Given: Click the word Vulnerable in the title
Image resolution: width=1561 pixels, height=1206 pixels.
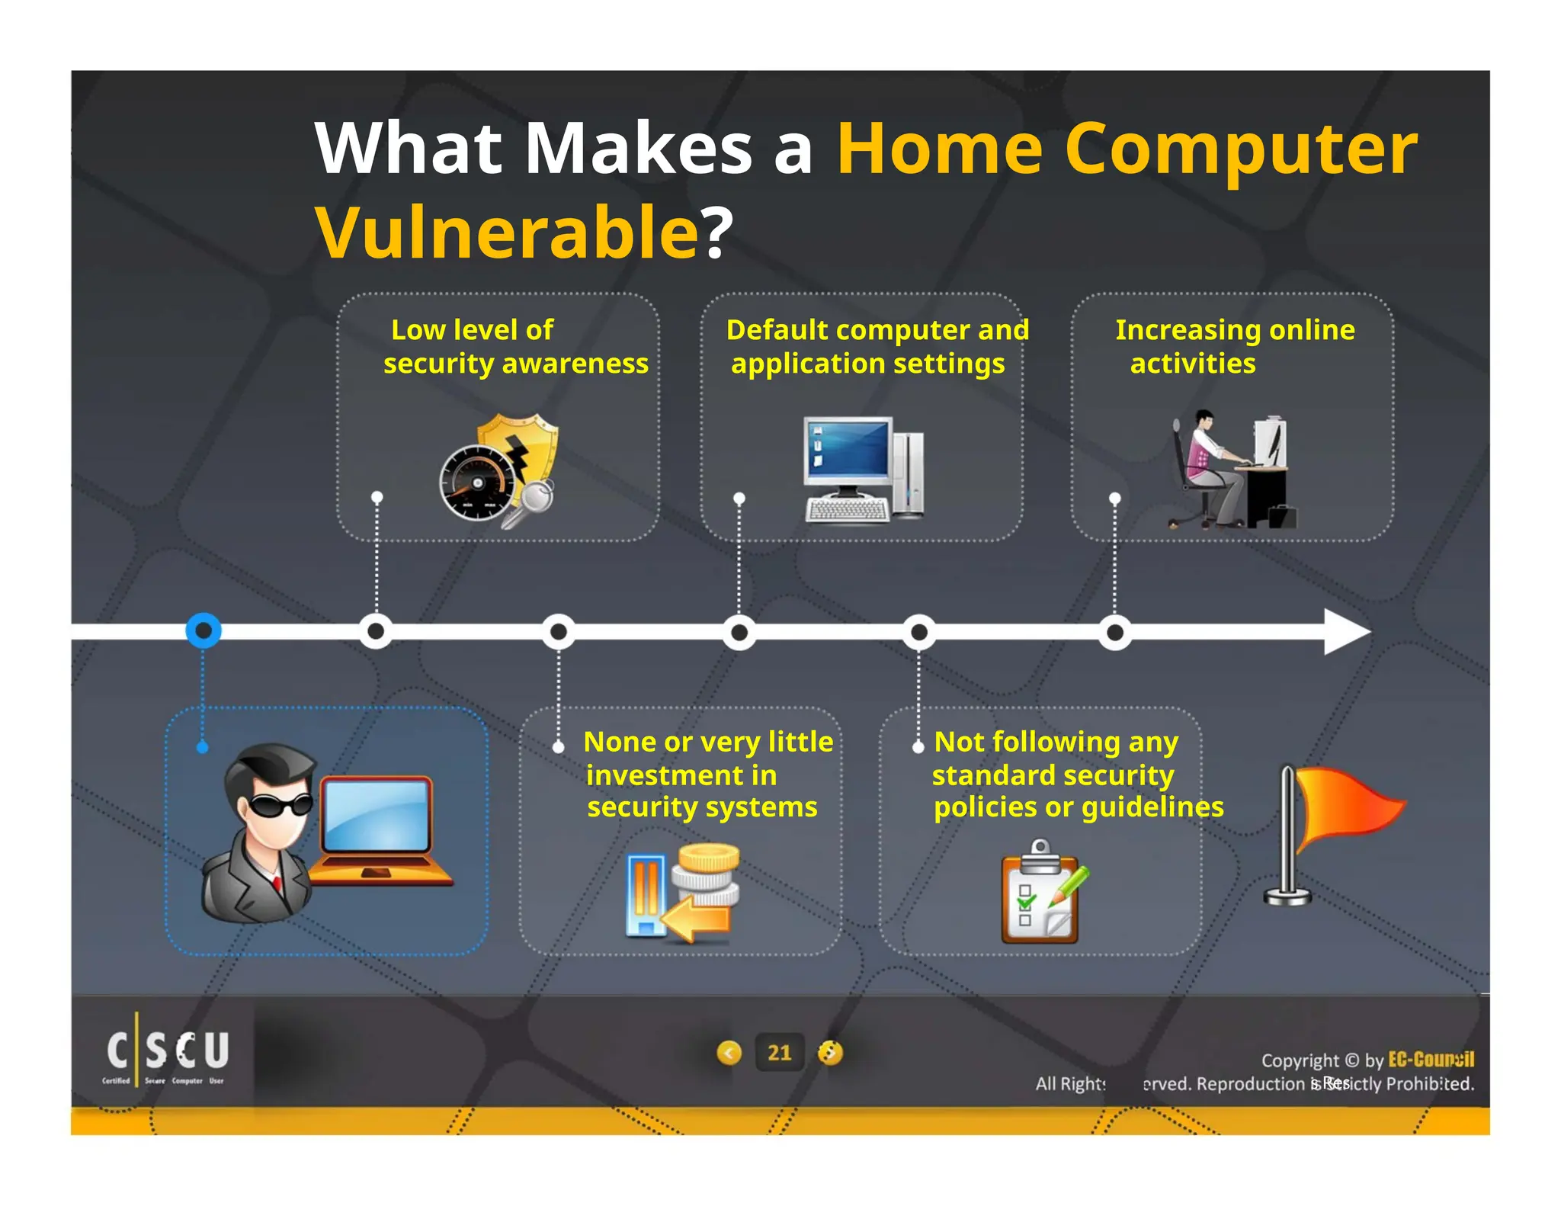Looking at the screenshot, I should pyautogui.click(x=506, y=233).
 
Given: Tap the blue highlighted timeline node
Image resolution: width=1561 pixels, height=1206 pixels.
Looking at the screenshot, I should pyautogui.click(x=204, y=631).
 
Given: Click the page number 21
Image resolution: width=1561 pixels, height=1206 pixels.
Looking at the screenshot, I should pyautogui.click(x=779, y=1053).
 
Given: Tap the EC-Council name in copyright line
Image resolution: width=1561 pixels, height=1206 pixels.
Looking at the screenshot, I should pyautogui.click(x=1430, y=1060).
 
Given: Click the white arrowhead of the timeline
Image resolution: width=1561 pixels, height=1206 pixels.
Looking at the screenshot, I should pyautogui.click(x=1346, y=632).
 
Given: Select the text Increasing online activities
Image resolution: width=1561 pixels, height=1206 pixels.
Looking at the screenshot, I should pyautogui.click(x=1235, y=346).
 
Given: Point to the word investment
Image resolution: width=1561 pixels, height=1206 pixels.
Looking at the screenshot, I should pyautogui.click(x=681, y=775).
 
